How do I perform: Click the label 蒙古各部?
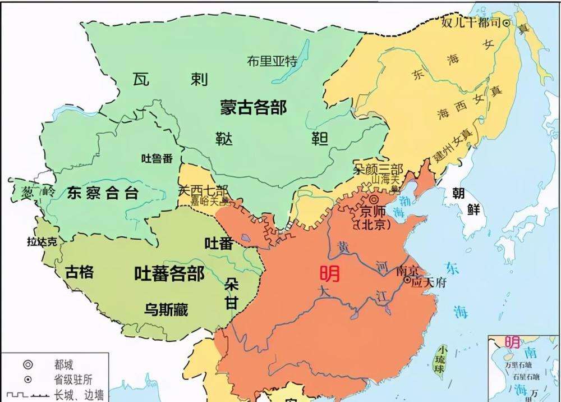(253, 107)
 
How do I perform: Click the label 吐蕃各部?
(169, 274)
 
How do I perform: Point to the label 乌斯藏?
(166, 309)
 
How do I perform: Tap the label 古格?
(79, 273)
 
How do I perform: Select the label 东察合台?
(103, 194)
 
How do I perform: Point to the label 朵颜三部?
(378, 169)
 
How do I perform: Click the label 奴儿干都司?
(470, 23)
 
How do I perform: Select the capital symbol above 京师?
(373, 200)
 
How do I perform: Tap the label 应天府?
(429, 283)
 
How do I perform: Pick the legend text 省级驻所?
(70, 380)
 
